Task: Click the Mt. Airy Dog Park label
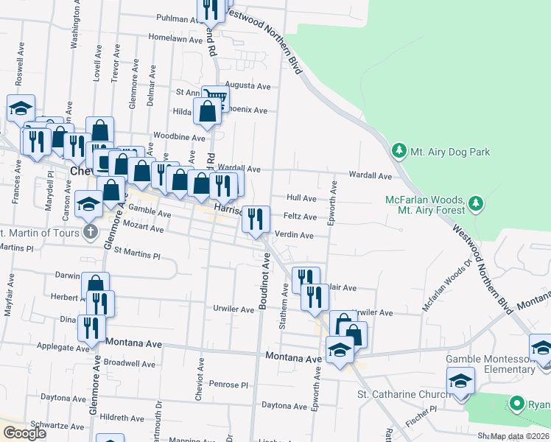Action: pos(450,152)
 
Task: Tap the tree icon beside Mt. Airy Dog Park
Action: pos(399,151)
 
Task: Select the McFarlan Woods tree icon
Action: pos(476,203)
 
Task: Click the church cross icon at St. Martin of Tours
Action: pos(90,233)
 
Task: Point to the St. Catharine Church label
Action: pos(404,395)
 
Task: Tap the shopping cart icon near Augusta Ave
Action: pos(214,95)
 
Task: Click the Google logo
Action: pos(24,433)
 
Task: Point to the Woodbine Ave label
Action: pos(179,137)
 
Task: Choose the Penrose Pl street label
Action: pos(228,385)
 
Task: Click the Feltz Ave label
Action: pos(301,217)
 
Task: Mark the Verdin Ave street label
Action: pos(294,235)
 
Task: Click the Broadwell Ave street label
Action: pos(130,363)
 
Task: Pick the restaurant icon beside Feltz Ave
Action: pos(255,217)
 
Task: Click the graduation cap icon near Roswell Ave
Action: pos(21,108)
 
